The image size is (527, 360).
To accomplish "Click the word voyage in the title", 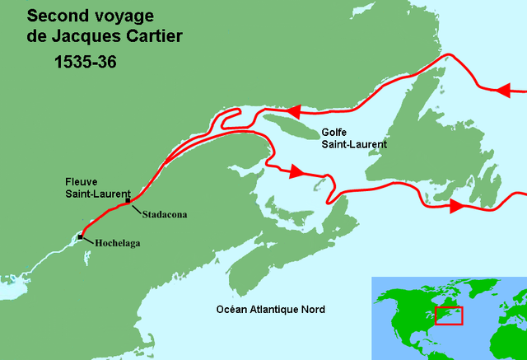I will tap(122, 16).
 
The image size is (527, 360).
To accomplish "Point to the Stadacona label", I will tap(164, 214).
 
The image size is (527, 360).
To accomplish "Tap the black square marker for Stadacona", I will tap(128, 201).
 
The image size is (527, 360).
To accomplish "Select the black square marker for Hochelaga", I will tap(80, 237).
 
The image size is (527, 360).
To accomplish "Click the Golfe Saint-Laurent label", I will tap(354, 138).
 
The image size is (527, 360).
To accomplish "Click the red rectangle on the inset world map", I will tap(449, 315).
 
